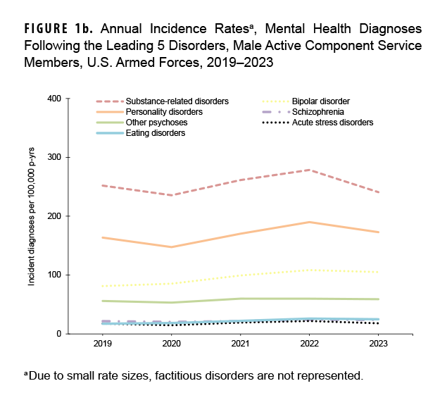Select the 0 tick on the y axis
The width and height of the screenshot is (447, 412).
[x=58, y=334]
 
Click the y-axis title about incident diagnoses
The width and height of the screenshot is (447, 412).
[x=32, y=216]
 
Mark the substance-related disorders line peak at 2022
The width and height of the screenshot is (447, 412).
[x=310, y=170]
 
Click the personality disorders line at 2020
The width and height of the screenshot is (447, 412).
[x=172, y=247]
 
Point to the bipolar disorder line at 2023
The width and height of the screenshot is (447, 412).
[x=379, y=272]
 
